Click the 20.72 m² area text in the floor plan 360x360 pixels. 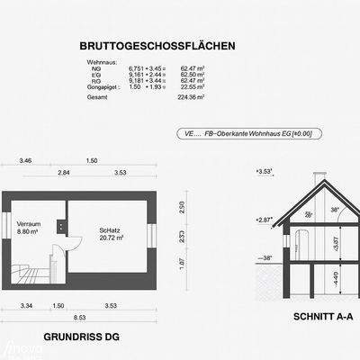[112, 239]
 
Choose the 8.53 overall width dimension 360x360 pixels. [80, 317]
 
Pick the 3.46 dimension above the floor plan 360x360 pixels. [25, 160]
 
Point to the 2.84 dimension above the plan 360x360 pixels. [64, 171]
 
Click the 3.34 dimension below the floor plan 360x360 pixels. [26, 306]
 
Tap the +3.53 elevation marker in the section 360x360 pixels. [264, 169]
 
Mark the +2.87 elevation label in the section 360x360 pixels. [264, 219]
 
